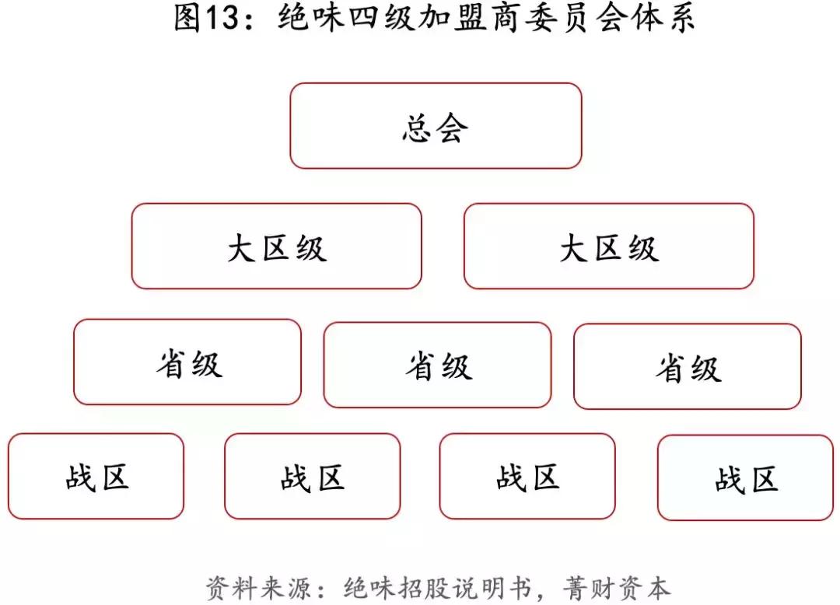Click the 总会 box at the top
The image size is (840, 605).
pos(436,126)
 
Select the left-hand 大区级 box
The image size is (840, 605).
pos(276,247)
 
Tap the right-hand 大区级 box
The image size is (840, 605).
pos(609,247)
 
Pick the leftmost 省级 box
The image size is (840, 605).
pos(187,362)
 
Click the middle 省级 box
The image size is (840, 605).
pos(437,365)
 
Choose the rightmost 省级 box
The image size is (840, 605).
pos(688,367)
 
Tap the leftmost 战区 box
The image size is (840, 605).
pos(96,477)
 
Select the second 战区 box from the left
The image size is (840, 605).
pos(313,477)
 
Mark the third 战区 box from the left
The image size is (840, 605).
pos(527,477)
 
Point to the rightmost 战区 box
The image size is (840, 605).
pos(745,478)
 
